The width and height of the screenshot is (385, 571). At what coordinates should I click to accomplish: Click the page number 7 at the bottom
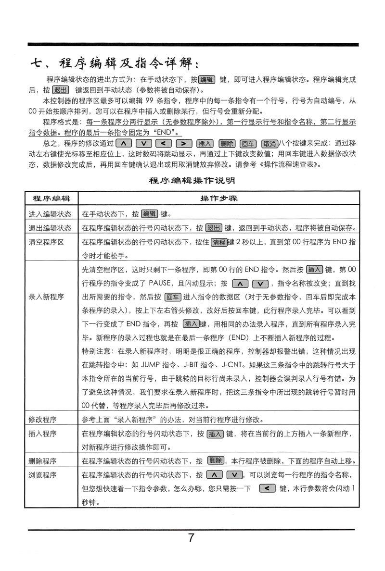click(192, 537)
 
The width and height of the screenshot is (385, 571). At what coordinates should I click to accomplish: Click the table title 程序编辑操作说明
click(192, 181)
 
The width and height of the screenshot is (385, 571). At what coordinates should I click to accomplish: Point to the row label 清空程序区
click(46, 242)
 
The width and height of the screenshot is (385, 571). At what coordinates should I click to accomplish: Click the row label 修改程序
click(43, 419)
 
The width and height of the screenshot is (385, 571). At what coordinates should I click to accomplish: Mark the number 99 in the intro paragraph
click(149, 101)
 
